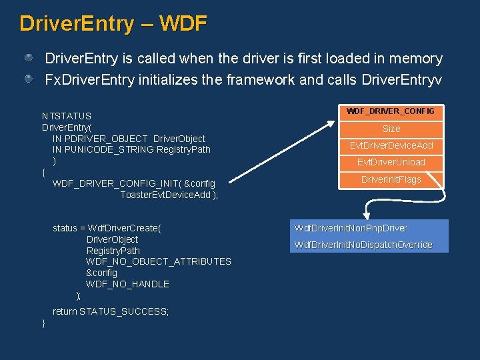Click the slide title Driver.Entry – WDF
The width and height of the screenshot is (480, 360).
click(113, 23)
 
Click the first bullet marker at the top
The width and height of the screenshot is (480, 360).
click(29, 59)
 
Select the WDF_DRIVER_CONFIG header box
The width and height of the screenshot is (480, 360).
click(391, 111)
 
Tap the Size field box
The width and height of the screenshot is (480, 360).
click(391, 128)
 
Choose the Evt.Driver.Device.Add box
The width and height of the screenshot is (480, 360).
click(391, 145)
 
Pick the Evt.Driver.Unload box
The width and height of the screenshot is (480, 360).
click(391, 162)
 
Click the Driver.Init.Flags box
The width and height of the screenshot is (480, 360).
click(391, 179)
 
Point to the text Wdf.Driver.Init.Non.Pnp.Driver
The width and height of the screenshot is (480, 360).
click(351, 228)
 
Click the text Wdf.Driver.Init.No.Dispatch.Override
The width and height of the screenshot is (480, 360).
click(363, 245)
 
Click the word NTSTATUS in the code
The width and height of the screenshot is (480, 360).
click(67, 115)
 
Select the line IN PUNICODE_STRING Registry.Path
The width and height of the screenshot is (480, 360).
click(131, 149)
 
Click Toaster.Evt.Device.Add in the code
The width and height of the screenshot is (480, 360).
click(167, 195)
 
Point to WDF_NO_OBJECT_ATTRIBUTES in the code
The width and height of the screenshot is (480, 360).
click(159, 261)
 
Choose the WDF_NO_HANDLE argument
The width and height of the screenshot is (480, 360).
click(127, 284)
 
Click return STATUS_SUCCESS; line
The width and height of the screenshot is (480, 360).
click(111, 311)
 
